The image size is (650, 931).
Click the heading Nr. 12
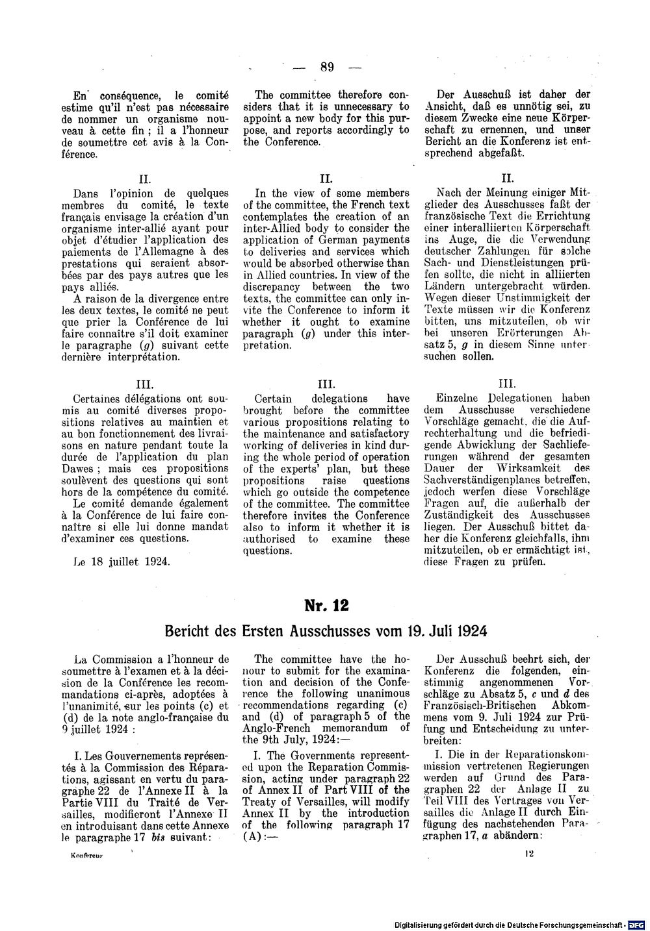326,605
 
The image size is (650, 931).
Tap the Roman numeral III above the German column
506,384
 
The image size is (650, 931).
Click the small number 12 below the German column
530,856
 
